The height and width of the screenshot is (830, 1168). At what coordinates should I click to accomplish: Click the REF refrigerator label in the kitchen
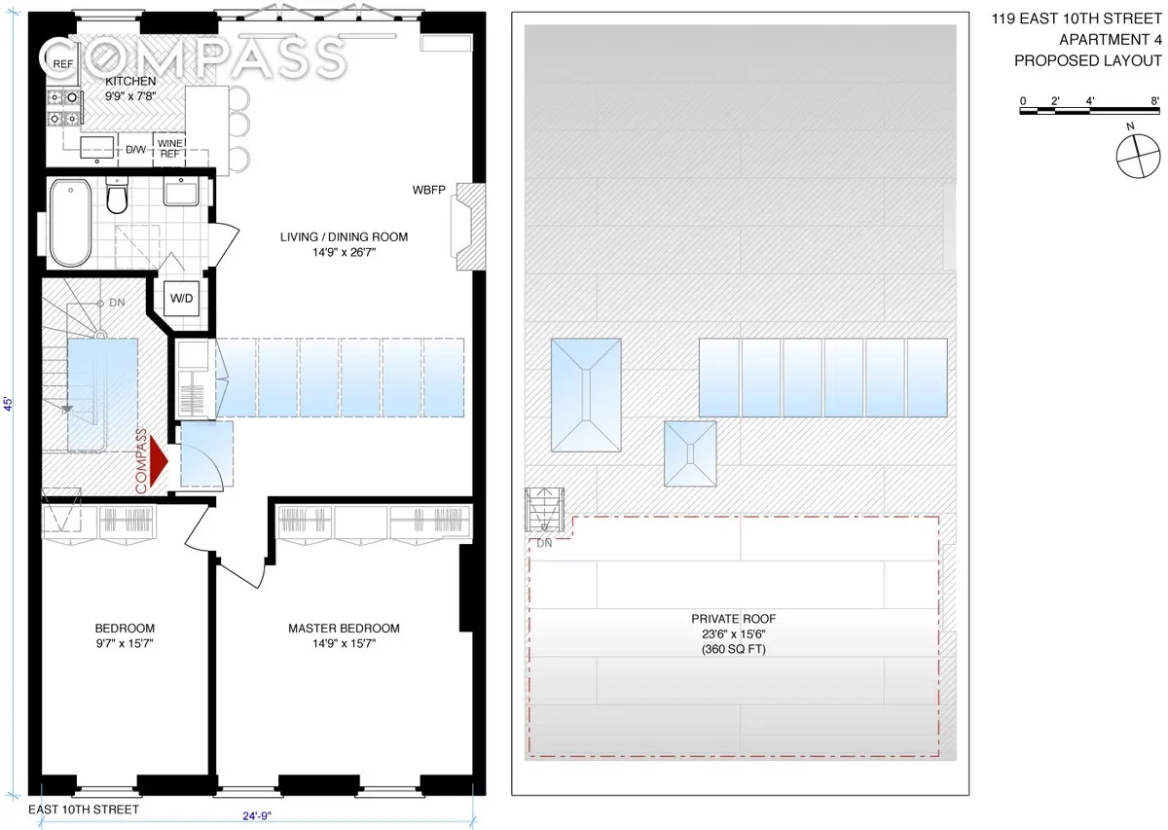63,64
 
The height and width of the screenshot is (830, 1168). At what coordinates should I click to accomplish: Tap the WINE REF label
170,149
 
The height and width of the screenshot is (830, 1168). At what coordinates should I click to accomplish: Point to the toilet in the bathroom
117,198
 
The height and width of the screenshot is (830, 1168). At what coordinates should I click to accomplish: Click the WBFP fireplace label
428,190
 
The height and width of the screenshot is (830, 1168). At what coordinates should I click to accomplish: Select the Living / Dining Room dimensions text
344,253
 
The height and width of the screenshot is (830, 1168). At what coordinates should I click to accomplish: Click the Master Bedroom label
344,628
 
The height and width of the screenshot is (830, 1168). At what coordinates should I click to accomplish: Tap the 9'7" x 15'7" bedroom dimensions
125,643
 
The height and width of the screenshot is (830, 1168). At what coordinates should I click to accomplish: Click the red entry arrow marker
159,461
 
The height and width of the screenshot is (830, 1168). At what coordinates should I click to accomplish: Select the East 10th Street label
84,810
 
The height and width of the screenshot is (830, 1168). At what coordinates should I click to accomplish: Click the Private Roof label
733,618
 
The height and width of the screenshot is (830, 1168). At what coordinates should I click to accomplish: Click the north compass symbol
1138,157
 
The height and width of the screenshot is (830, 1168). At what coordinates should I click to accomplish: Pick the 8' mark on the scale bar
1153,100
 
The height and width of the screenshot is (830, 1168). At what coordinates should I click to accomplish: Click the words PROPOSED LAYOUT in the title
1087,60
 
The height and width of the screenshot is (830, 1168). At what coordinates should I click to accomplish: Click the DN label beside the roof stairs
544,543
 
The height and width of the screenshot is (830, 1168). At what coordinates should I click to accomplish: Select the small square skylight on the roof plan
690,453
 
